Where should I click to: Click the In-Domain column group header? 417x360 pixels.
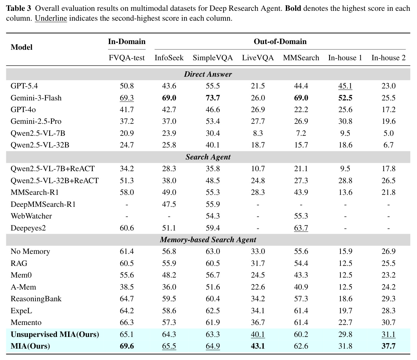pos(127,42)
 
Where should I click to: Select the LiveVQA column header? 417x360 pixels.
pos(258,58)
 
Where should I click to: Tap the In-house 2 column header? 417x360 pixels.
pos(388,58)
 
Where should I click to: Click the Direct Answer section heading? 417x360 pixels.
pos(208,74)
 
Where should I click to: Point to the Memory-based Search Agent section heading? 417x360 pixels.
pos(208,240)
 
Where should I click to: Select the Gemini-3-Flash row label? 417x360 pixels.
pos(36,98)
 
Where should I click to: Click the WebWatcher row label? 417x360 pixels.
pos(31,216)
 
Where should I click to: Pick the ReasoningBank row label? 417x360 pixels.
pos(36,299)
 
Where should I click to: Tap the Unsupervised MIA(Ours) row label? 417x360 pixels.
pos(55,335)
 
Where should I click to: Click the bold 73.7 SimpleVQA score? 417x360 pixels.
pos(213,98)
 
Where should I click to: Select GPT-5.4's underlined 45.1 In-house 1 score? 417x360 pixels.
pos(345,86)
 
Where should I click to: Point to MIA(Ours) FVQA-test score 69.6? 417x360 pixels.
pos(127,346)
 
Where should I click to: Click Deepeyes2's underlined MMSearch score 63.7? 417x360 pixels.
pos(301,228)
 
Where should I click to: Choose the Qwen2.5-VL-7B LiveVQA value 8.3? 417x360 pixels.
pos(258,133)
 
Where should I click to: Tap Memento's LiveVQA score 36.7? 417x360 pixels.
pos(258,323)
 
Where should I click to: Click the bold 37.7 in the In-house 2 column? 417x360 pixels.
pos(388,346)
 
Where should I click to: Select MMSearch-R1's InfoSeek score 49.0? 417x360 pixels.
pos(169,192)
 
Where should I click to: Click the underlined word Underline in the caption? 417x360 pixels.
pos(51,18)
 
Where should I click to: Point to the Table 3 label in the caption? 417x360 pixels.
pos(19,8)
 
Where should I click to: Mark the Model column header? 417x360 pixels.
pos(21,47)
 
